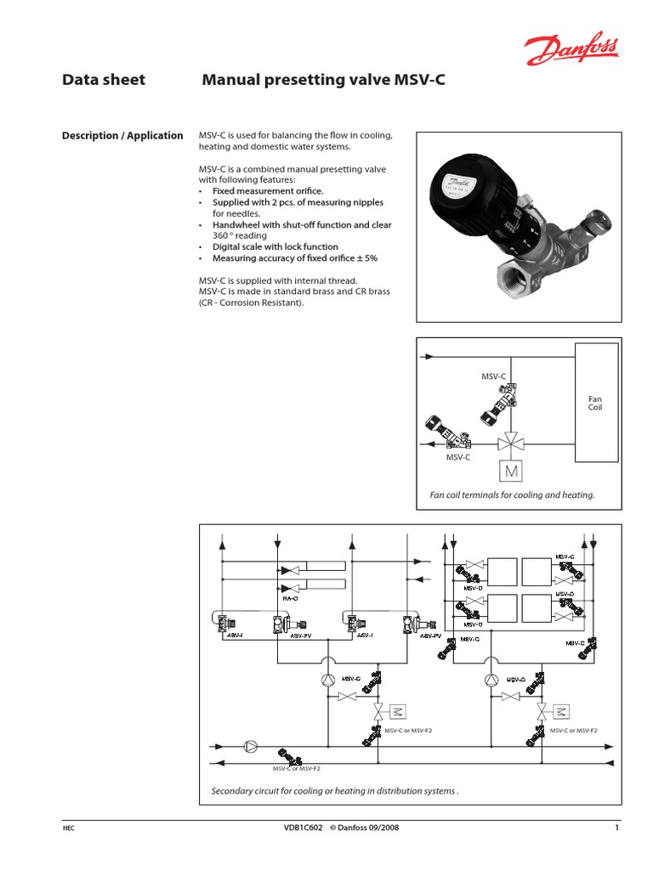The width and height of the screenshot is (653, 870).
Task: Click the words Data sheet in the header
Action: (x=104, y=80)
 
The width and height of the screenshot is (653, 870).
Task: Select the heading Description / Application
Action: (x=122, y=135)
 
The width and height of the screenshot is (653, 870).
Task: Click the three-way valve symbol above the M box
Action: (x=511, y=442)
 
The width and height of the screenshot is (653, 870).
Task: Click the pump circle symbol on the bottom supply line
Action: (x=251, y=746)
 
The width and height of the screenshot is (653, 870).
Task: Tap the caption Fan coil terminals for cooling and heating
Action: (x=512, y=494)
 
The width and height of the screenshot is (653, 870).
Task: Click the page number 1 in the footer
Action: (x=615, y=828)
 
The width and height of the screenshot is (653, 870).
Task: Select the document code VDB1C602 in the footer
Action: (x=302, y=828)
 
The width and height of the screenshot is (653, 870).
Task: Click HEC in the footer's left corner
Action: (x=69, y=828)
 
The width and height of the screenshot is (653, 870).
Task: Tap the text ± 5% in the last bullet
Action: (x=366, y=257)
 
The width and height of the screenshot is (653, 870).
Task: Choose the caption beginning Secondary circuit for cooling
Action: (x=335, y=792)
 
